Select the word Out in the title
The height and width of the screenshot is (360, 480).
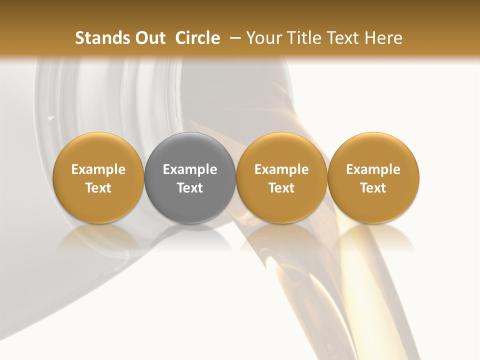pyautogui.click(x=149, y=38)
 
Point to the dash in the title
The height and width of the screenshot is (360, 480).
pyautogui.click(x=233, y=38)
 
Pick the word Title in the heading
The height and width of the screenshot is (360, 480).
pyautogui.click(x=304, y=38)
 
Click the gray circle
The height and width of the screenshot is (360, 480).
pyautogui.click(x=190, y=177)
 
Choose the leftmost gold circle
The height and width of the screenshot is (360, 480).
pyautogui.click(x=98, y=177)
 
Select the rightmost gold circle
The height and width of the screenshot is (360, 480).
pyautogui.click(x=373, y=177)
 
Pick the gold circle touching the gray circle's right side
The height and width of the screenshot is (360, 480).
pyautogui.click(x=281, y=177)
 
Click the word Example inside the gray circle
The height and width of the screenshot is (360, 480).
pyautogui.click(x=190, y=169)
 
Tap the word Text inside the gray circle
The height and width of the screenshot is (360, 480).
pyautogui.click(x=190, y=188)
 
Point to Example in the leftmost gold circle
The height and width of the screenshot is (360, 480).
pyautogui.click(x=98, y=169)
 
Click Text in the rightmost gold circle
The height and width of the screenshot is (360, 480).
pyautogui.click(x=373, y=188)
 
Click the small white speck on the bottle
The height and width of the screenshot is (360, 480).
pyautogui.click(x=51, y=118)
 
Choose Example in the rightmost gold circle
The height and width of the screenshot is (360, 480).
pyautogui.click(x=373, y=169)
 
